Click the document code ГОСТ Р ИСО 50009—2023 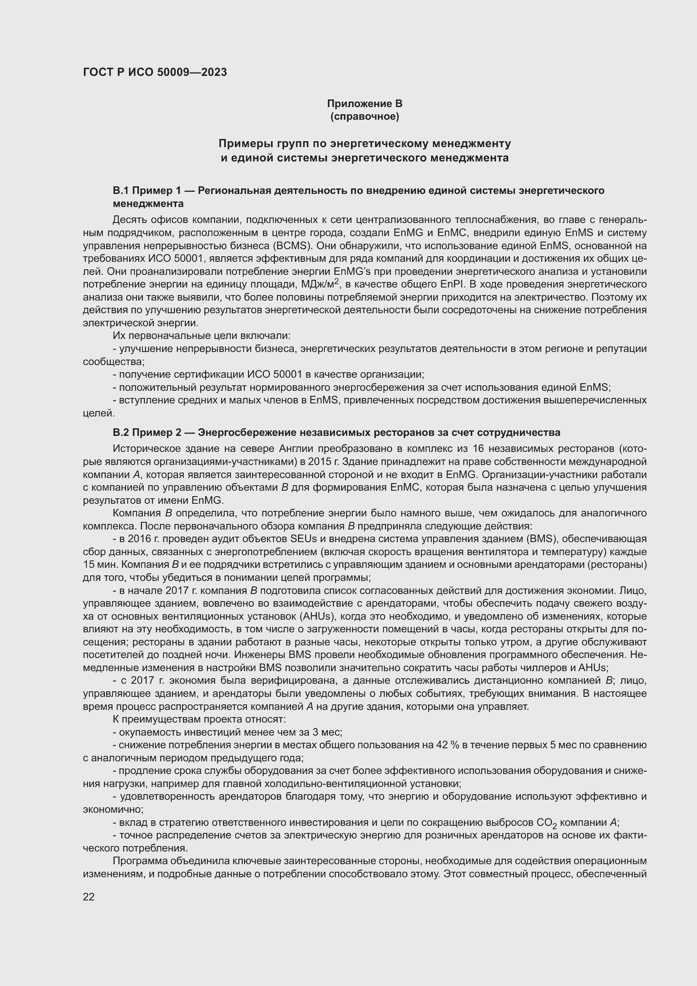pos(155,72)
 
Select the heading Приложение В pos(365,104)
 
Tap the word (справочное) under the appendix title pos(365,116)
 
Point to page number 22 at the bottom pos(88,897)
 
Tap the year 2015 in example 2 pos(319,462)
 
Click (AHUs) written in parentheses pos(317,616)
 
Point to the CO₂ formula pos(547,823)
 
